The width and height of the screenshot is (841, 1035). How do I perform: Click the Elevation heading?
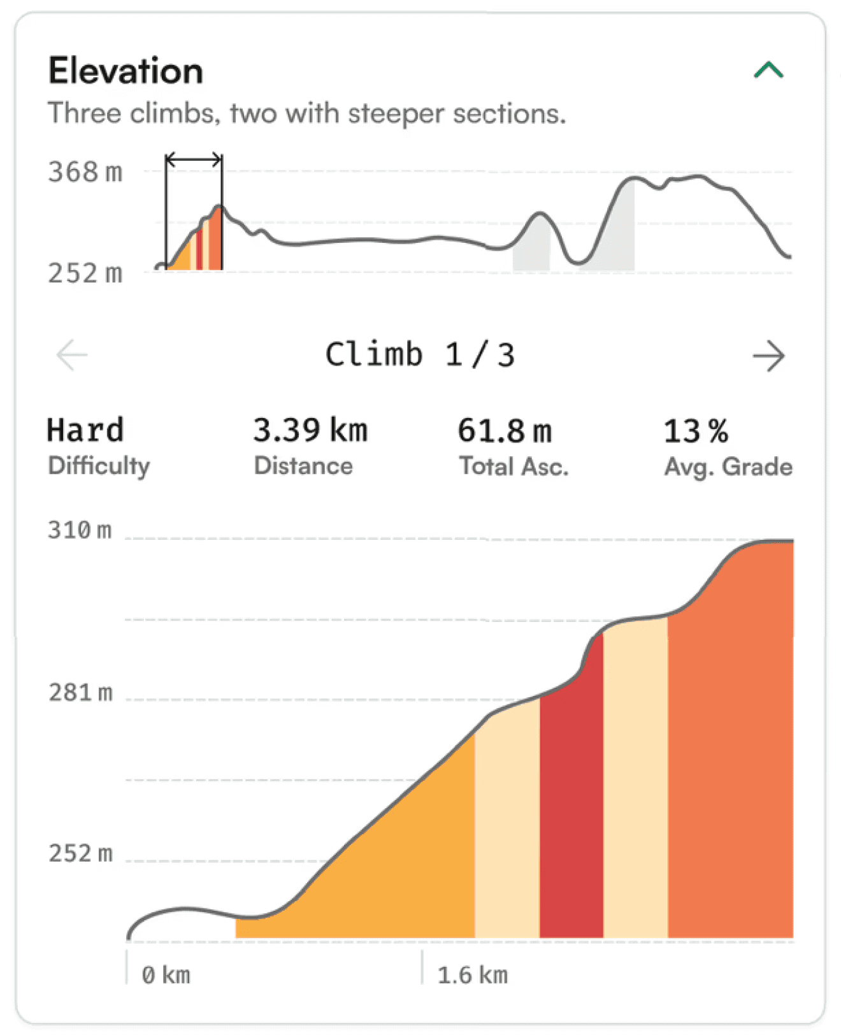pyautogui.click(x=126, y=71)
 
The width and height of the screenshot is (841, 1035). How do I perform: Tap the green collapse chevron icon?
pyautogui.click(x=768, y=69)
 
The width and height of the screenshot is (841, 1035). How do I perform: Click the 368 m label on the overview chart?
pyautogui.click(x=85, y=172)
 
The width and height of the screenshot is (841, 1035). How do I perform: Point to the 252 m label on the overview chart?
pyautogui.click(x=85, y=273)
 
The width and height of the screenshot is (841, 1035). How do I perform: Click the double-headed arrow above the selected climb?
pyautogui.click(x=194, y=159)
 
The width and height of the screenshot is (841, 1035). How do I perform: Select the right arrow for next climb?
pyautogui.click(x=768, y=356)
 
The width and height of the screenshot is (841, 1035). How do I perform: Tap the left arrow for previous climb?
pyautogui.click(x=72, y=355)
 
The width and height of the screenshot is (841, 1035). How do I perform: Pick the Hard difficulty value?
pyautogui.click(x=85, y=430)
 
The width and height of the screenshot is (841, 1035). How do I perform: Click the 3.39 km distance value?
pyautogui.click(x=310, y=430)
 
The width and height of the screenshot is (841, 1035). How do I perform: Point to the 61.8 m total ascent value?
pyautogui.click(x=505, y=431)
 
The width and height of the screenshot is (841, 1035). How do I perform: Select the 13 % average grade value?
pyautogui.click(x=696, y=431)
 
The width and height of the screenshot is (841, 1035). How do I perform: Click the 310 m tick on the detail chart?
pyautogui.click(x=80, y=530)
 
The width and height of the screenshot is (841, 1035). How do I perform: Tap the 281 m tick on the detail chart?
pyautogui.click(x=80, y=692)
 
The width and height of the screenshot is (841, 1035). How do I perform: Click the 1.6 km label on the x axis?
pyautogui.click(x=472, y=975)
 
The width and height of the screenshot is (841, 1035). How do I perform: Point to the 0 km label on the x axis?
pyautogui.click(x=166, y=975)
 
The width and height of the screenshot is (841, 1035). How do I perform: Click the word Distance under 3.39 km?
pyautogui.click(x=303, y=466)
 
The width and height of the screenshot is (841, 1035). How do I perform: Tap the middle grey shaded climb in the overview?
pyautogui.click(x=531, y=252)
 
